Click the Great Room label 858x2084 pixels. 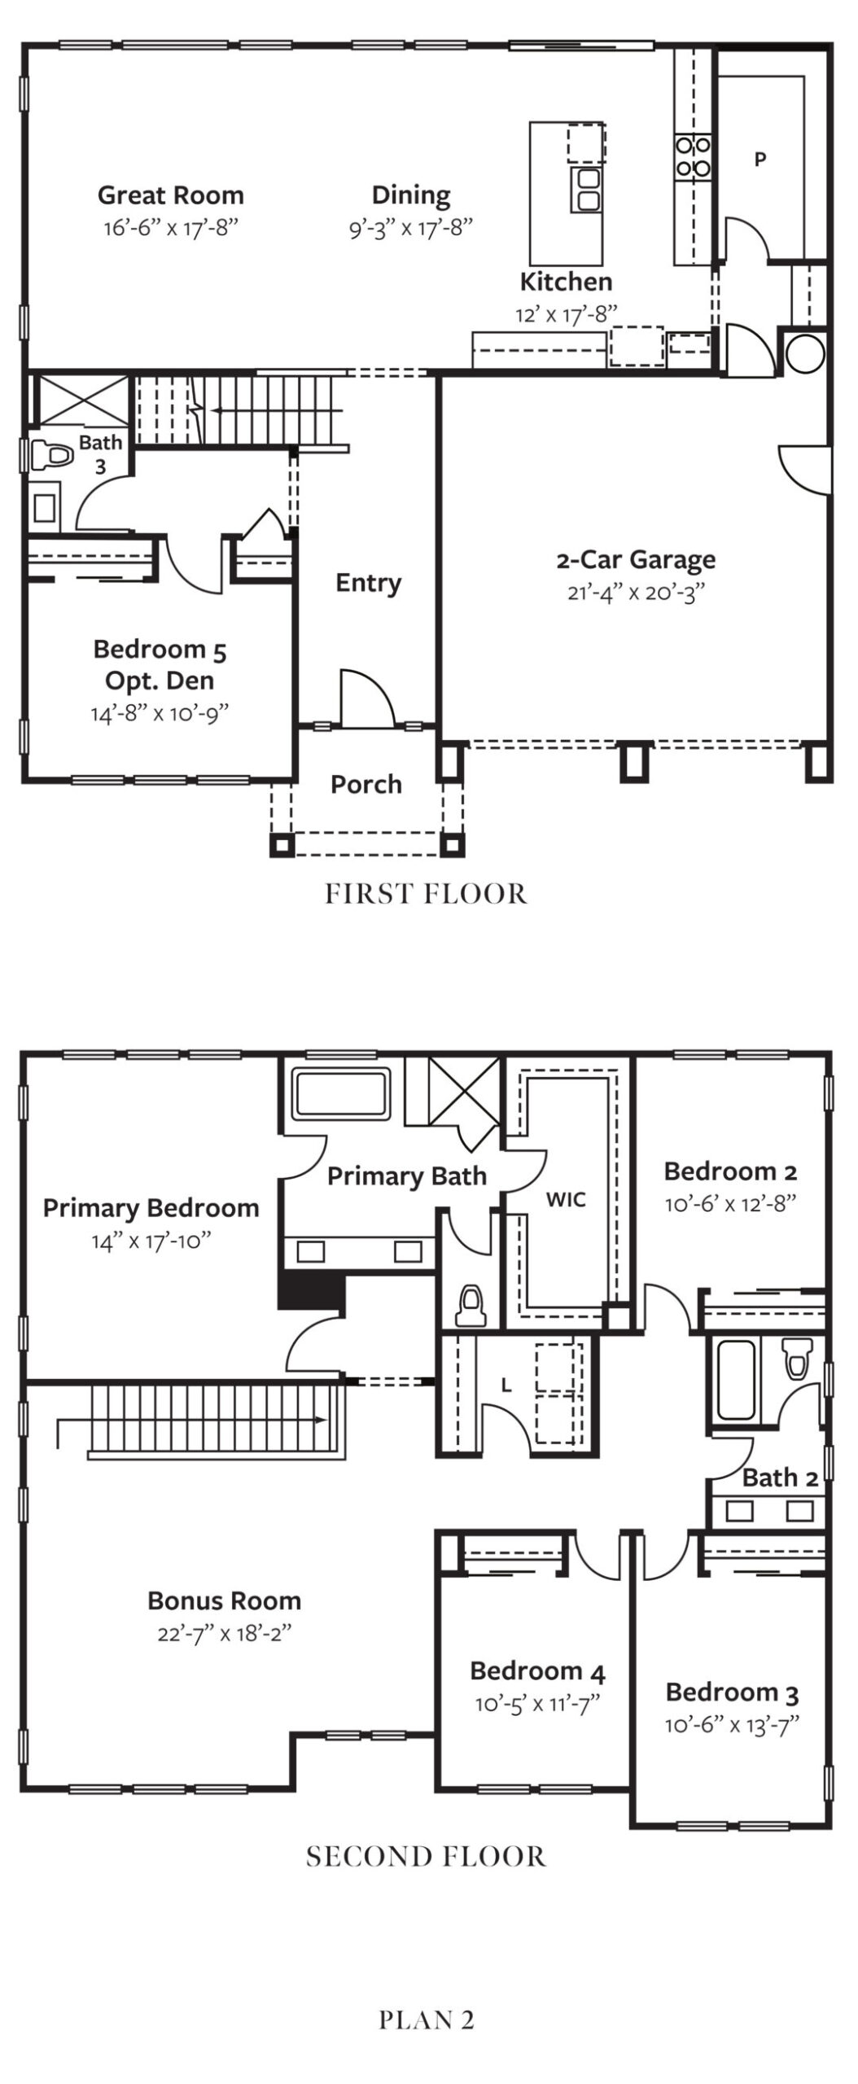(171, 195)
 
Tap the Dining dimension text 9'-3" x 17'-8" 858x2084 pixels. (411, 227)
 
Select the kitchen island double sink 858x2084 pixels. (588, 188)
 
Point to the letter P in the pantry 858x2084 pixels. (760, 160)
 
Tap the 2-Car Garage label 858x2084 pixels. (637, 560)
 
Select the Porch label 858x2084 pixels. (366, 784)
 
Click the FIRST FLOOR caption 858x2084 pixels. (427, 894)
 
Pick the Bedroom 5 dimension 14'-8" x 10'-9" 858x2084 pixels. (160, 713)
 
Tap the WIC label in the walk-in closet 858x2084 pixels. (566, 1199)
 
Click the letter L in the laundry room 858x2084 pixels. (506, 1385)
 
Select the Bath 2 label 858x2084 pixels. (780, 1478)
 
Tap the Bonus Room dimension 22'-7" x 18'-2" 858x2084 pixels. (225, 1634)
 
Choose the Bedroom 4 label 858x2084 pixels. (538, 1671)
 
